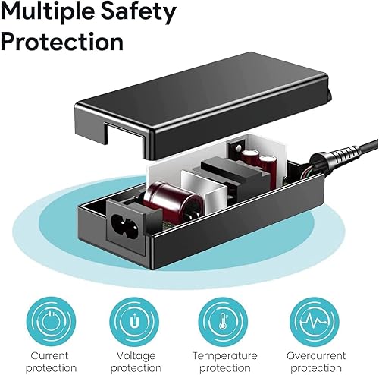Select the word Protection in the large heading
click(62, 41)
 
